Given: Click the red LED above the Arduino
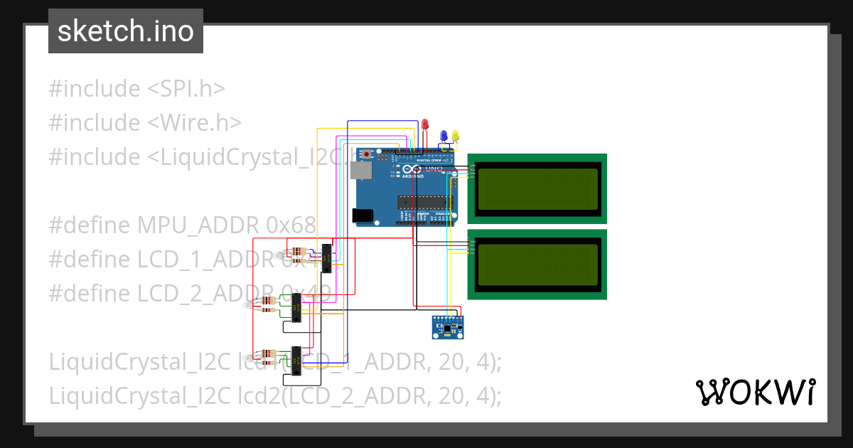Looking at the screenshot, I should click(425, 125).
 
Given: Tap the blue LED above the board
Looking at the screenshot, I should click(444, 135).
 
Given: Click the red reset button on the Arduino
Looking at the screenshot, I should click(367, 154).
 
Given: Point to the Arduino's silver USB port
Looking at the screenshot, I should click(362, 171).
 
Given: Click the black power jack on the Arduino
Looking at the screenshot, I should click(363, 214).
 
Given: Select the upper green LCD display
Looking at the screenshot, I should click(537, 188).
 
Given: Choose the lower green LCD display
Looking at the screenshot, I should click(537, 264).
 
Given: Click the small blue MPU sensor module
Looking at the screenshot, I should click(449, 327).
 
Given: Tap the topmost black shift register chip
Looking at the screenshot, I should click(327, 258).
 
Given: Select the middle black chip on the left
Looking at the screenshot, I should click(297, 308).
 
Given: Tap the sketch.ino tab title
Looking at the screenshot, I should click(126, 31).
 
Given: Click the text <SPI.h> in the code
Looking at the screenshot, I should click(186, 89).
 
